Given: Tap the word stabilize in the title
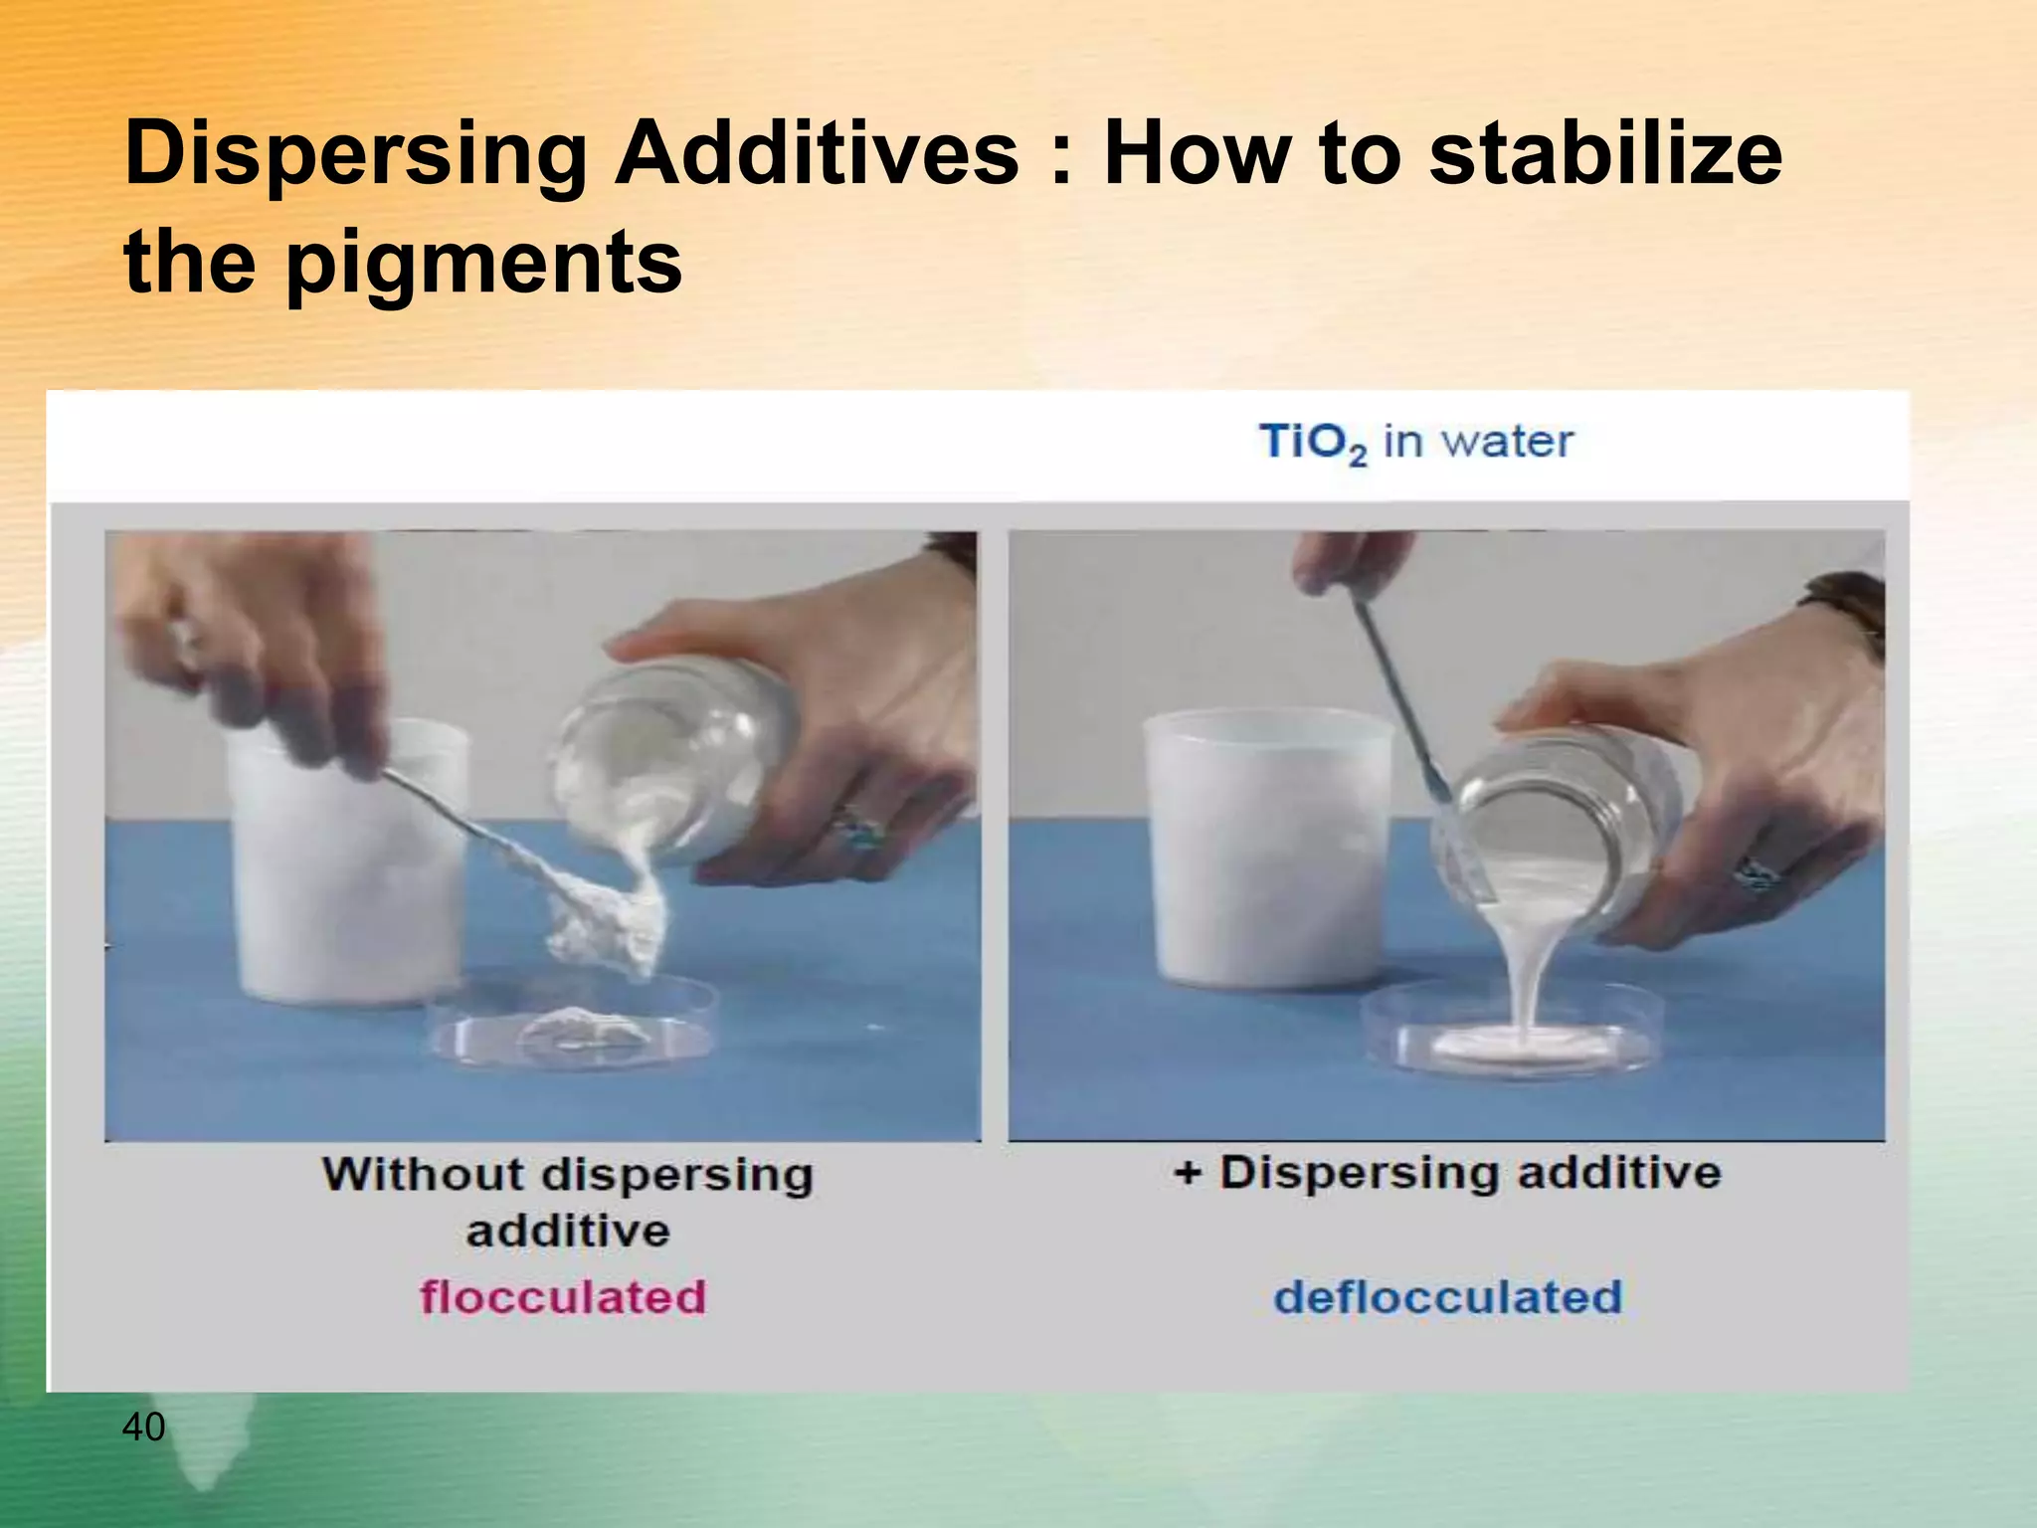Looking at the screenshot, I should pos(1605,154).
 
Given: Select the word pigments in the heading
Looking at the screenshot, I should pos(484,263).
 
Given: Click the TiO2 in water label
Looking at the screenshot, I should pos(1416,442).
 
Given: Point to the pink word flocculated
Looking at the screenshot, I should pos(563,1297).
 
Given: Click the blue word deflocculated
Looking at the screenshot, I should pos(1448,1297).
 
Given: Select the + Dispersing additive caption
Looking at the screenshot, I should pos(1448,1172).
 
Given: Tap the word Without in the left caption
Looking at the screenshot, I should pos(422,1174).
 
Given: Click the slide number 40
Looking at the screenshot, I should pos(143,1427).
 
